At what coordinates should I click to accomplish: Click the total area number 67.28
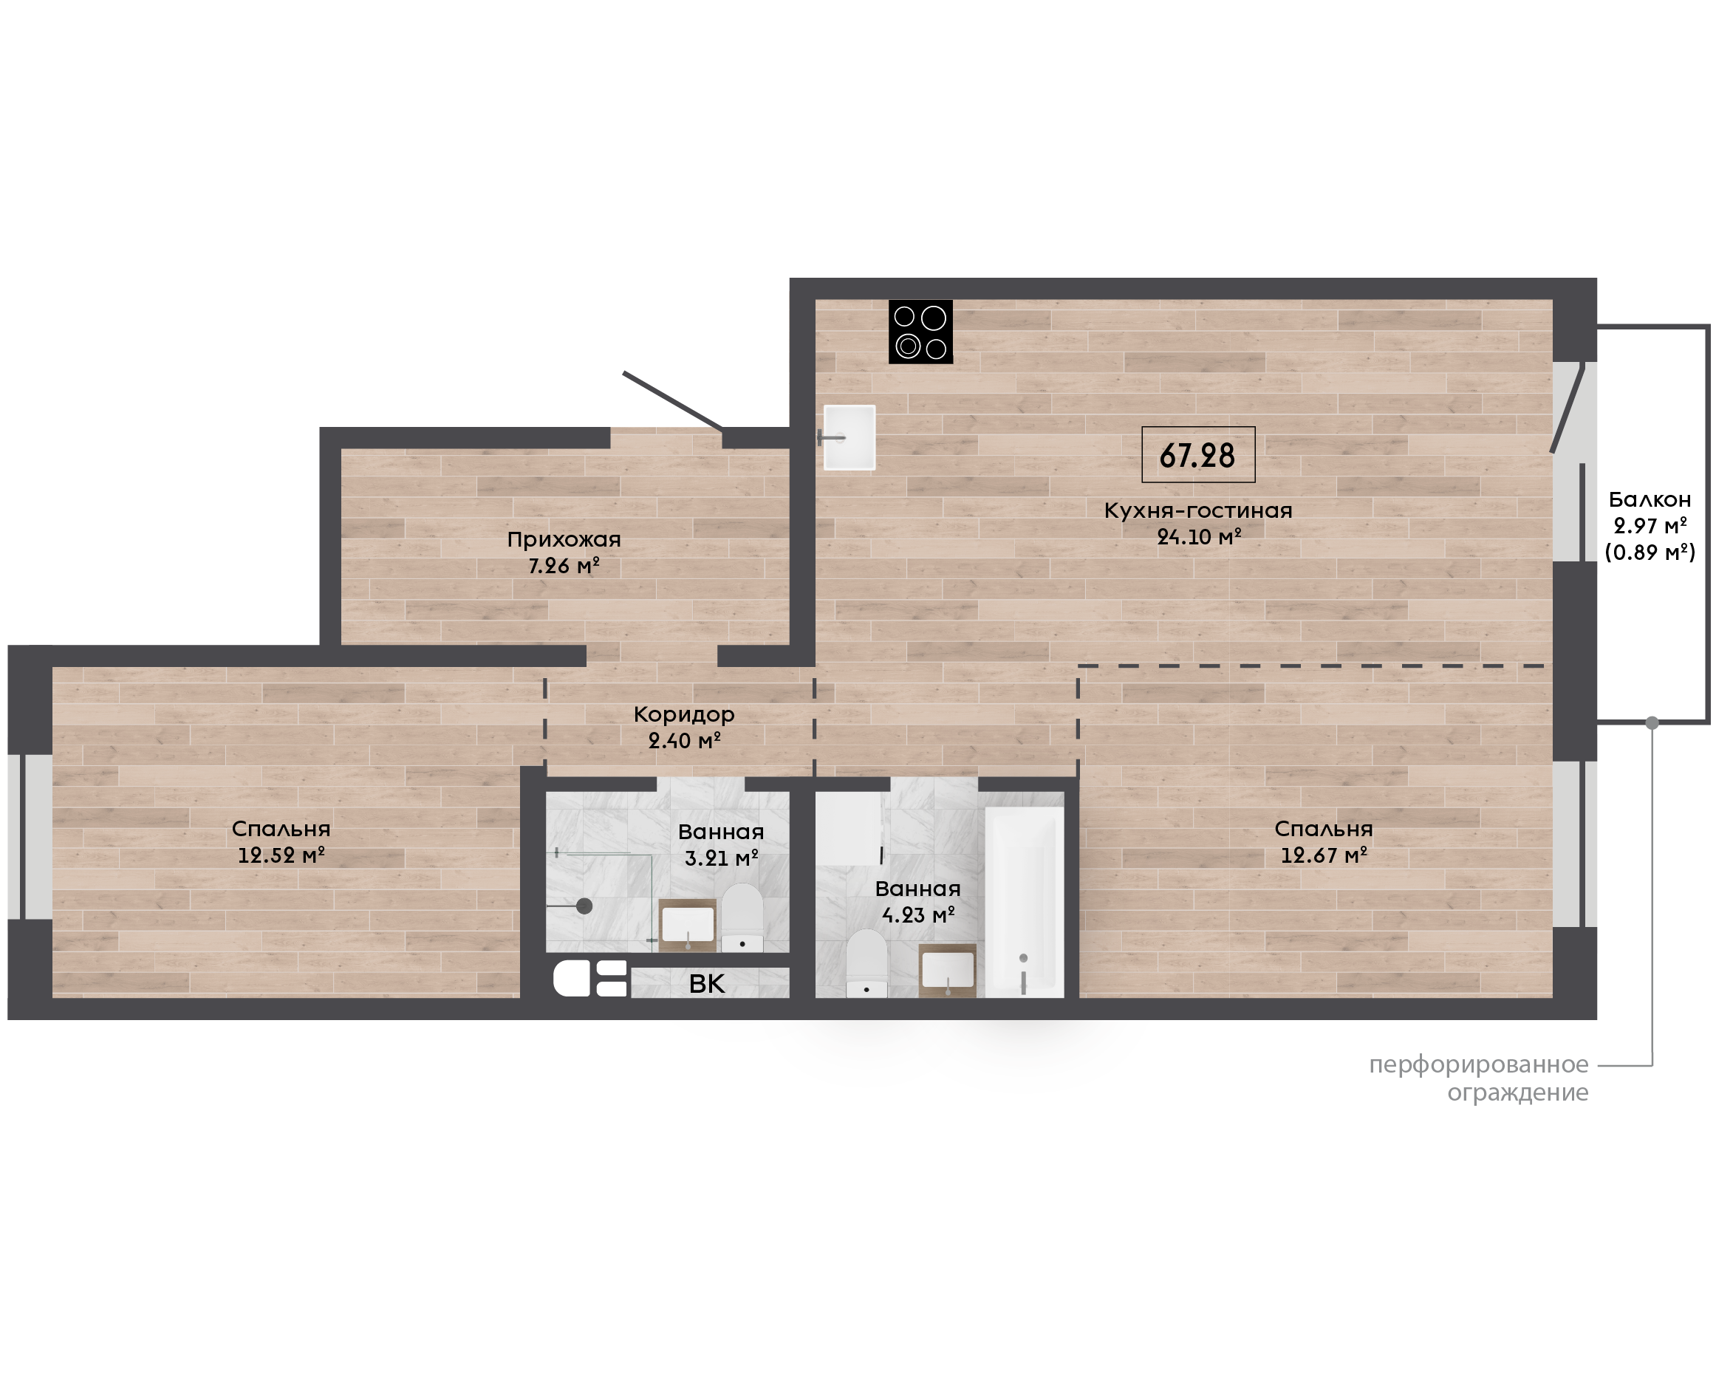[1197, 456]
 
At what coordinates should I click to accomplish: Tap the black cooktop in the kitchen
[920, 332]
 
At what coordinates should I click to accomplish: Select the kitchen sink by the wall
[849, 437]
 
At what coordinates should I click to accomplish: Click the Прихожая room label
[564, 539]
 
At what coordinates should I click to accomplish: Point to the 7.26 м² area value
[564, 566]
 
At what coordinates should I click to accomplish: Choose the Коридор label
[684, 715]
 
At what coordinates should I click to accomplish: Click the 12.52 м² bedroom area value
[281, 855]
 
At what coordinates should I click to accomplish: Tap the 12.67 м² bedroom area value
[1324, 855]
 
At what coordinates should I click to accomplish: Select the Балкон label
[1650, 499]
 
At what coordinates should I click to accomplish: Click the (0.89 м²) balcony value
[1650, 552]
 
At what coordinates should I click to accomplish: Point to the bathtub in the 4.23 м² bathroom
[1025, 901]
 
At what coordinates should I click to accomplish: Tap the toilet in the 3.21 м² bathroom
[742, 917]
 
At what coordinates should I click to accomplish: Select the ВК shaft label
[707, 985]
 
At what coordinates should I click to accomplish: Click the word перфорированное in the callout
[1478, 1065]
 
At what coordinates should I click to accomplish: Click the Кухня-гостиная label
[1197, 510]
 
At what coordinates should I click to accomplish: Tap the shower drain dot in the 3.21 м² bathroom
[584, 906]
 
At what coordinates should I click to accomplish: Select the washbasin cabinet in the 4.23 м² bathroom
[947, 970]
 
